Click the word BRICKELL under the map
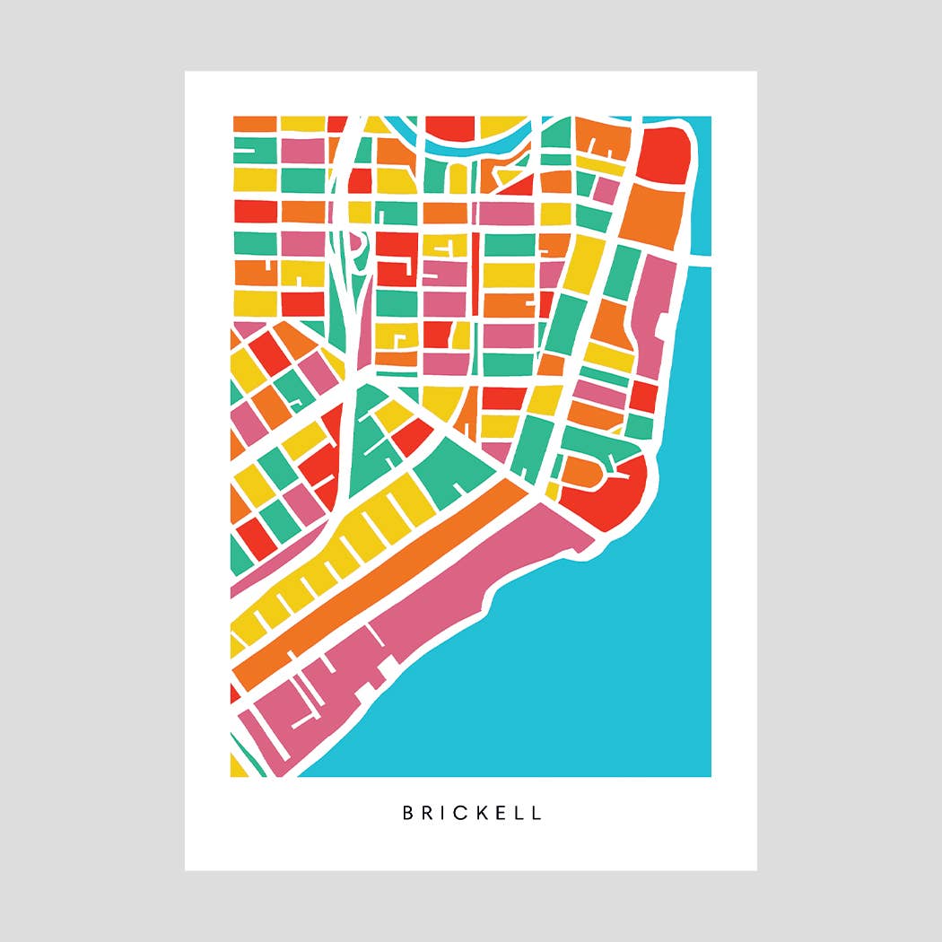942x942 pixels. click(x=472, y=814)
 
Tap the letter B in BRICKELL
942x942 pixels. click(x=407, y=814)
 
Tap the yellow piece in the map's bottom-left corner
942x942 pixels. click(x=238, y=764)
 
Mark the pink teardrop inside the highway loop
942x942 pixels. click(x=354, y=244)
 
